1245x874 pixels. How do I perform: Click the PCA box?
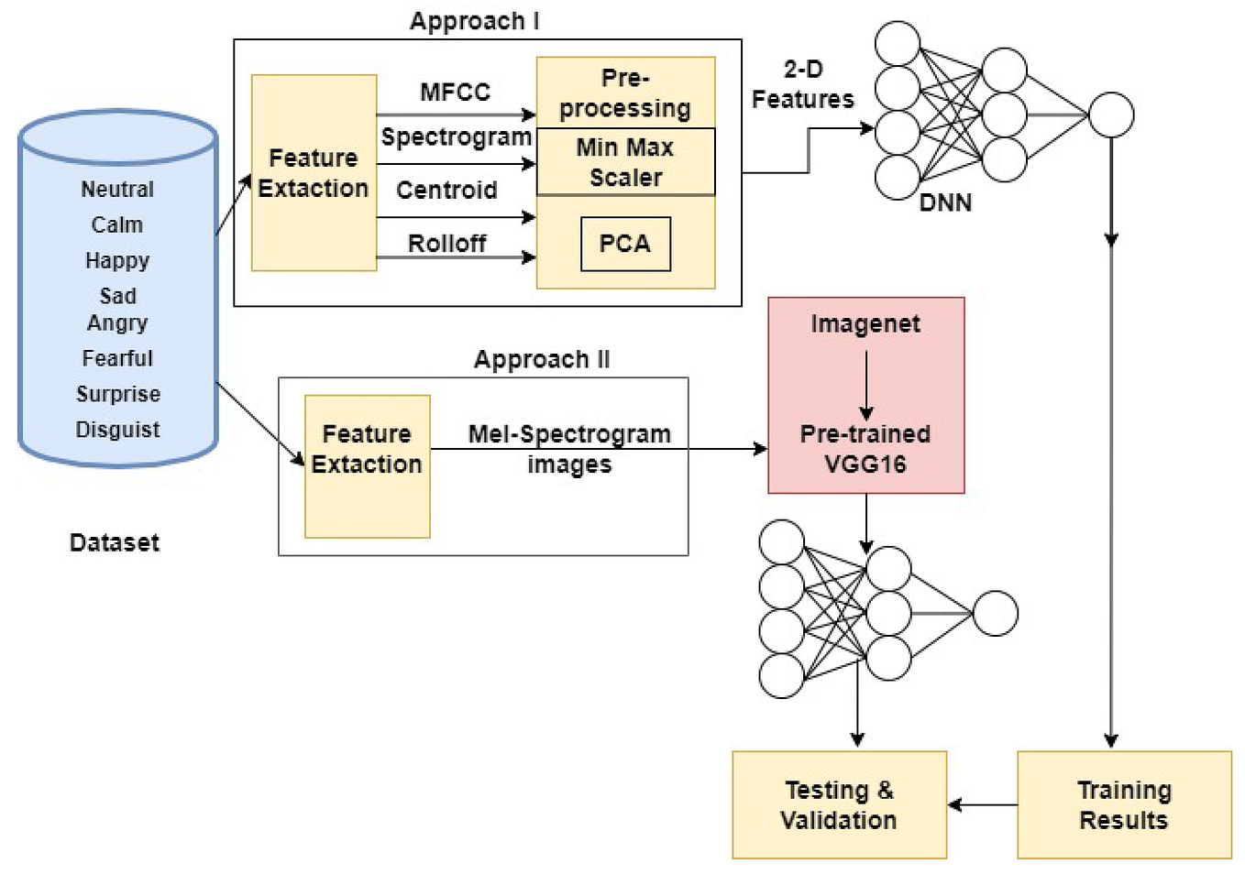(625, 244)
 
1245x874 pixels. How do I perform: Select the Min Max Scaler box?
(625, 162)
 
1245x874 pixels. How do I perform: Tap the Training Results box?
(1123, 804)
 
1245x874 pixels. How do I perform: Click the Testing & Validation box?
(838, 804)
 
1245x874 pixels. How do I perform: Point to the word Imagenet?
(865, 324)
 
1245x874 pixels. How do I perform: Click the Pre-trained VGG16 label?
(865, 449)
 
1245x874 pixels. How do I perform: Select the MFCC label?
(455, 93)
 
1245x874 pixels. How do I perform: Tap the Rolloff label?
(446, 244)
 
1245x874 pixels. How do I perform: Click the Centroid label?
(446, 191)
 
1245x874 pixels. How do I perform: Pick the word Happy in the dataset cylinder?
(117, 261)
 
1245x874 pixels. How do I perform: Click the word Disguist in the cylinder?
(117, 430)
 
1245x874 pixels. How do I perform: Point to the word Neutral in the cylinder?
(117, 190)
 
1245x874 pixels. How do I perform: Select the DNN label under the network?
(945, 202)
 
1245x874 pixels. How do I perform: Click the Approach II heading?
(541, 359)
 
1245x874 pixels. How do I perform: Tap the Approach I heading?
(474, 21)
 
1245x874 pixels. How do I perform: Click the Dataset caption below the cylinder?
(115, 542)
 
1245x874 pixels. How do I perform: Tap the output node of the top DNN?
(1111, 115)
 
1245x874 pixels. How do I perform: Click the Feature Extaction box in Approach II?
(367, 465)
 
